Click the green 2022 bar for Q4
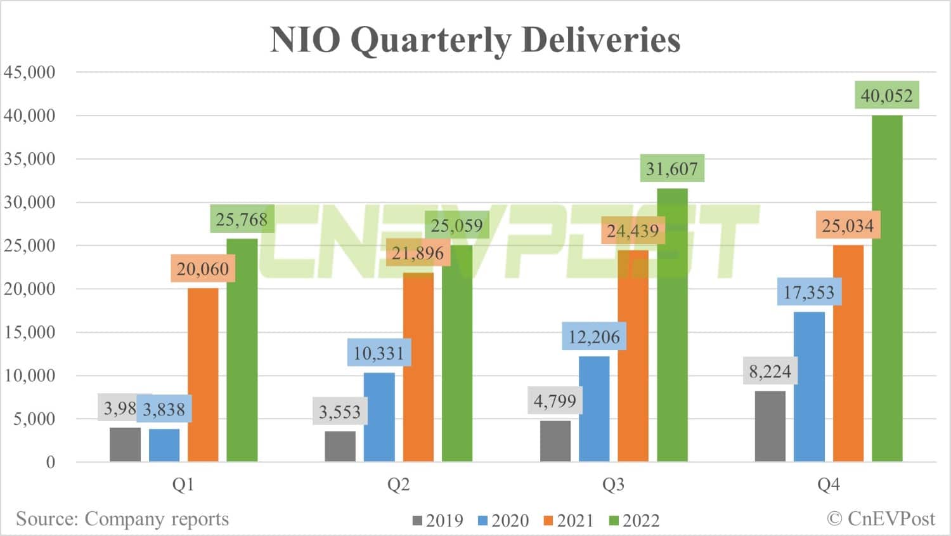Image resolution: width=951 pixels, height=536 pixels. pos(887,289)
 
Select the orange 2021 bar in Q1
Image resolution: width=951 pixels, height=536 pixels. pos(203,374)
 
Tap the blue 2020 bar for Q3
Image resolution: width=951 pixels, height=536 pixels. pos(594,409)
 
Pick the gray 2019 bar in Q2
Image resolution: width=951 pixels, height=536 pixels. pos(340,446)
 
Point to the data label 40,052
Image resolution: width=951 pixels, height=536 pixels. pos(886,96)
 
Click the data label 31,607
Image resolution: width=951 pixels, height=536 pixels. pos(671,169)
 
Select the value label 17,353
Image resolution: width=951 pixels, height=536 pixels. pos(809,292)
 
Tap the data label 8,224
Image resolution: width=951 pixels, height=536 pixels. pos(770,372)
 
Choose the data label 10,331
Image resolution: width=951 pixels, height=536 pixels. pos(378,353)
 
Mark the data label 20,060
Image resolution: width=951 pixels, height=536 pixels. pos(202,269)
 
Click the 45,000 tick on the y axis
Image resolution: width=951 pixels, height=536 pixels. pos(30,72)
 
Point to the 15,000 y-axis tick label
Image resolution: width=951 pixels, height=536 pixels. pos(30,332)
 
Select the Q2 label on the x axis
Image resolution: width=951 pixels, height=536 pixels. pos(398,485)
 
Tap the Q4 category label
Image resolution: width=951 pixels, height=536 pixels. pos(828,485)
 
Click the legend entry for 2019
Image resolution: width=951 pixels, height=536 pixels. pos(437,521)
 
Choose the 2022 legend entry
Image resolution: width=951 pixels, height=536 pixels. pos(634,521)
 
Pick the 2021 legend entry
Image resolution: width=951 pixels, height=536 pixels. pos(568,521)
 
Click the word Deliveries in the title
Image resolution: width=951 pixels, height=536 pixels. pos(600,39)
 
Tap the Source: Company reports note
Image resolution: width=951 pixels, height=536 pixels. pos(122,519)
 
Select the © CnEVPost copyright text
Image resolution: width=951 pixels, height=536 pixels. pos(881,519)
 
